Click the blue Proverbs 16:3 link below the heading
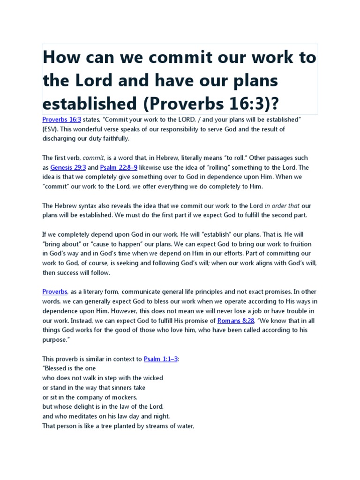click(62, 120)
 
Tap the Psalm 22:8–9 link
click(118, 167)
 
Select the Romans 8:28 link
click(233, 320)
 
